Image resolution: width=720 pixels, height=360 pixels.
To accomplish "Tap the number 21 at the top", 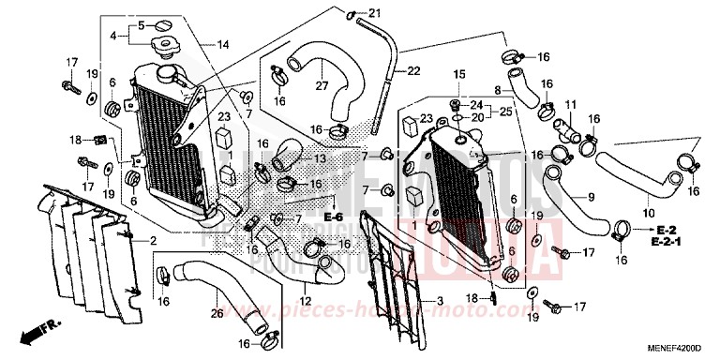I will point(374,12).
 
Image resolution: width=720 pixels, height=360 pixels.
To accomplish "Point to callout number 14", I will point(223,44).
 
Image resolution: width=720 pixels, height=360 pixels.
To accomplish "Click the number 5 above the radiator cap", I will point(141,24).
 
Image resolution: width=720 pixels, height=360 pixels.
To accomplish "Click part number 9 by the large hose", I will point(592,197).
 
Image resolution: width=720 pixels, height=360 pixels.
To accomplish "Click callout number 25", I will point(507,112).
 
